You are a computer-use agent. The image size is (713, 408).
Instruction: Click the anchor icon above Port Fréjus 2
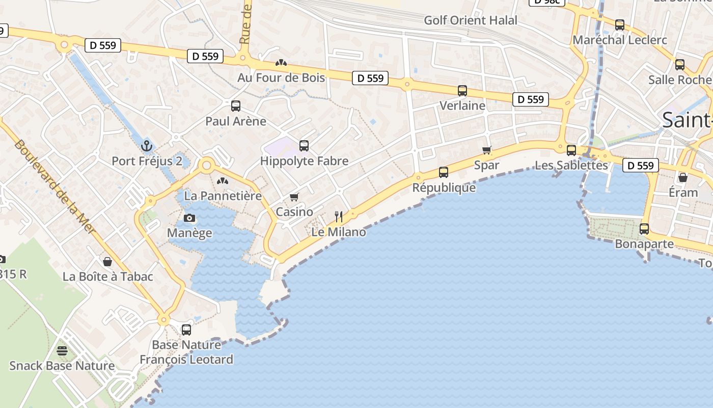pyautogui.click(x=147, y=146)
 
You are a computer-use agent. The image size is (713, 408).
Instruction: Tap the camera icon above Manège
pyautogui.click(x=189, y=218)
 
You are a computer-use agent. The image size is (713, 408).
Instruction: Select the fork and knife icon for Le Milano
pyautogui.click(x=338, y=217)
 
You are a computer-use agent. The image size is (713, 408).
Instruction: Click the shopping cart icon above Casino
pyautogui.click(x=294, y=197)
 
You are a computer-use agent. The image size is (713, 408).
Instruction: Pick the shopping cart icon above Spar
pyautogui.click(x=487, y=150)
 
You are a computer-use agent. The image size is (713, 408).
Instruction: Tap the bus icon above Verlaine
pyautogui.click(x=462, y=91)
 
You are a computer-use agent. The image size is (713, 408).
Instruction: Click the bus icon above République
pyautogui.click(x=444, y=172)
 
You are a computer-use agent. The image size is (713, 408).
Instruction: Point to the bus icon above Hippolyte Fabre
pyautogui.click(x=304, y=146)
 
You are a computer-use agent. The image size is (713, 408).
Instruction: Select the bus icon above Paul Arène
pyautogui.click(x=235, y=106)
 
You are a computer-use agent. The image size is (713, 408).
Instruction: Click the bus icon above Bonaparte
pyautogui.click(x=644, y=229)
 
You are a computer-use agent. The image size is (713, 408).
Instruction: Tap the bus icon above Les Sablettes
pyautogui.click(x=571, y=150)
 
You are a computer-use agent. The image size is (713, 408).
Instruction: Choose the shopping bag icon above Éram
pyautogui.click(x=683, y=177)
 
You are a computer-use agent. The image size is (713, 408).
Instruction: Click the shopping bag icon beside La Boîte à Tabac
pyautogui.click(x=108, y=262)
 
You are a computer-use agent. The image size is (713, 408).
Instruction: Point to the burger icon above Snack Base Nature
pyautogui.click(x=62, y=351)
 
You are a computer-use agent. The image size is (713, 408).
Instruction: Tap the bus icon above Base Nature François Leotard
pyautogui.click(x=186, y=330)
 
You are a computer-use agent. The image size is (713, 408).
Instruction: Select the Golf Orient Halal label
pyautogui.click(x=471, y=20)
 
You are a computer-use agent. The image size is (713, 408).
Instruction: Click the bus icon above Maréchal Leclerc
pyautogui.click(x=620, y=25)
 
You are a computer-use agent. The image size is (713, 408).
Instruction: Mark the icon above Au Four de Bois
pyautogui.click(x=281, y=63)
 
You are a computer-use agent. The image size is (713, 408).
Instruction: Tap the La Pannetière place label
pyautogui.click(x=223, y=196)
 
